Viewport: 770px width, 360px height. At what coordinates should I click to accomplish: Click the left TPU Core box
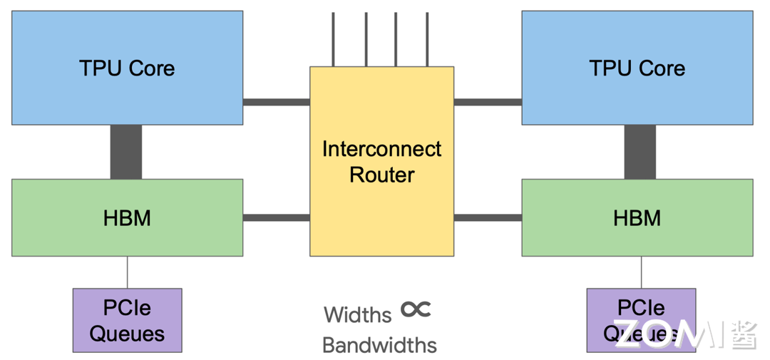127,68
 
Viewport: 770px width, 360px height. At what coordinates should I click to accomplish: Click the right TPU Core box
637,68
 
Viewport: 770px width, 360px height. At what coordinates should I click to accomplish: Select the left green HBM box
127,217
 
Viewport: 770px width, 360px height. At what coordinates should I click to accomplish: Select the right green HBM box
637,217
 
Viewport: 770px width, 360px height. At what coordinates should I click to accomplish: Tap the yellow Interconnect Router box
381,161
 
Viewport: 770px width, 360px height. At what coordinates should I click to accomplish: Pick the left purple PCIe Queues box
127,320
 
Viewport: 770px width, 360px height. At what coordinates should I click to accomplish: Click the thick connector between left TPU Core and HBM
126,152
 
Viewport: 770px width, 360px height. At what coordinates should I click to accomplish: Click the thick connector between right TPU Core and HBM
640,152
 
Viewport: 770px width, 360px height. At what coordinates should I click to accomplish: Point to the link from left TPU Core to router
276,102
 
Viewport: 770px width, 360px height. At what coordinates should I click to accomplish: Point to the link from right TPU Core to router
488,102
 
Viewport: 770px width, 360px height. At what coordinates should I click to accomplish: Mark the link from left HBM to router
276,217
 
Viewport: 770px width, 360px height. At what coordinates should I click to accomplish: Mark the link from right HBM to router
488,217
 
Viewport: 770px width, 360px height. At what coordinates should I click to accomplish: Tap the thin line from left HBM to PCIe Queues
128,272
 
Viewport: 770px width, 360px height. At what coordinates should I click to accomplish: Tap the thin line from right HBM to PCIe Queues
641,272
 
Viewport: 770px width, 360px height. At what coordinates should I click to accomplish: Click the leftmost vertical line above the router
332,39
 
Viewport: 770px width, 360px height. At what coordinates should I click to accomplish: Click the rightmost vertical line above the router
428,39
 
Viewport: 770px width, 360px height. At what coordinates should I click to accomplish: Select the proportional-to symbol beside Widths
416,309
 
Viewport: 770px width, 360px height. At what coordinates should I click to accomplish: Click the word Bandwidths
379,345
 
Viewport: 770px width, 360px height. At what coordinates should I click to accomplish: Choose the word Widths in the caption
358,314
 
